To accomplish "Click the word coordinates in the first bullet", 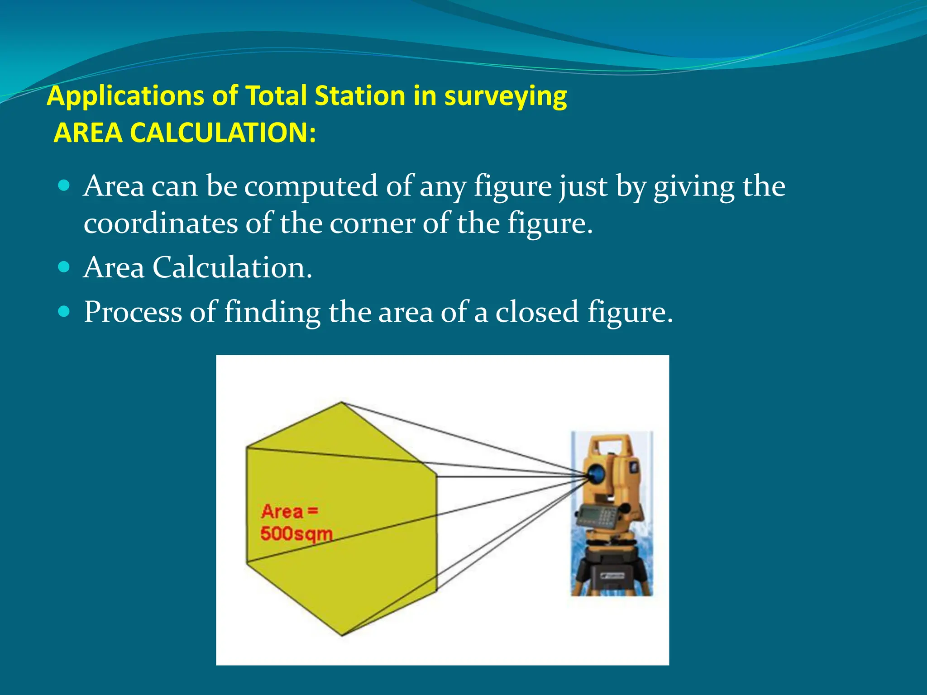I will [x=161, y=223].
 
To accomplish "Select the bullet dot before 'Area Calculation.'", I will [x=64, y=267].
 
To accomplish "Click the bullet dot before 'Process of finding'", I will [x=64, y=311].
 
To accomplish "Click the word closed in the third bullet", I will [x=537, y=312].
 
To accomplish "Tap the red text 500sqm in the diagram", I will [x=296, y=534].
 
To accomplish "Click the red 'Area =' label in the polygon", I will [x=289, y=511].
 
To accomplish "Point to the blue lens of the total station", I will [x=597, y=474].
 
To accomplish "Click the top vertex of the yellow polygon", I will [x=342, y=402].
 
